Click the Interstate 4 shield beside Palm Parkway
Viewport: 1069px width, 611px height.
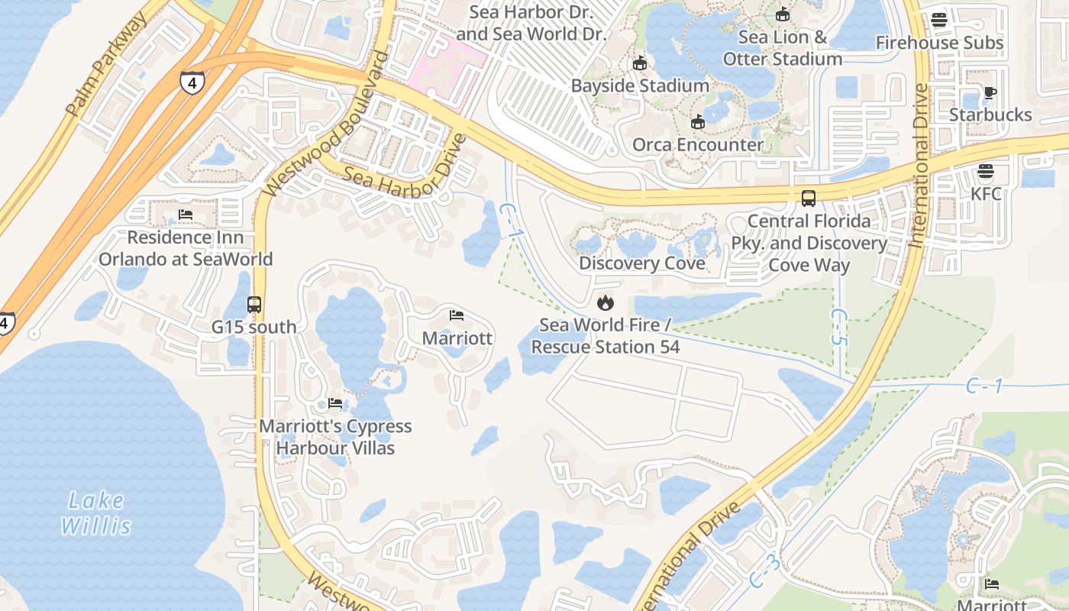pyautogui.click(x=192, y=82)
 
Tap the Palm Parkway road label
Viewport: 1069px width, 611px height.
pyautogui.click(x=107, y=66)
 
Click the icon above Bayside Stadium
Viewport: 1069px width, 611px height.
pyautogui.click(x=640, y=63)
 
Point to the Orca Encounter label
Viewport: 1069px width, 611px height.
pyautogui.click(x=697, y=144)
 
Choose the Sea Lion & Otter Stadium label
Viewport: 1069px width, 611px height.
pyautogui.click(x=783, y=47)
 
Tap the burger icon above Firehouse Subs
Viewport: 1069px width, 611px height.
pyautogui.click(x=939, y=21)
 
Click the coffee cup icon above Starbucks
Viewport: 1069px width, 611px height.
pyautogui.click(x=990, y=93)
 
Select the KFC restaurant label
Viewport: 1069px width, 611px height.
pyautogui.click(x=986, y=193)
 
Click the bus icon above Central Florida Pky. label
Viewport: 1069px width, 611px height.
pyautogui.click(x=809, y=199)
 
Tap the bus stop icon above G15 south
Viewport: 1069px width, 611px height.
pyautogui.click(x=254, y=305)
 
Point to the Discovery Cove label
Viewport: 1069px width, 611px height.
pyautogui.click(x=641, y=263)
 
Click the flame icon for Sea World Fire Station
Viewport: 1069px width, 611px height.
pyautogui.click(x=606, y=303)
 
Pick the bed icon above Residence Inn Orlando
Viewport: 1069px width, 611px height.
pyautogui.click(x=185, y=215)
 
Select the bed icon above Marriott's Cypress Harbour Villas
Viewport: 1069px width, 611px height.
pyautogui.click(x=335, y=403)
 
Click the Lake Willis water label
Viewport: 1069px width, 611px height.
pyautogui.click(x=95, y=513)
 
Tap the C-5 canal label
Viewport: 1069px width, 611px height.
pyautogui.click(x=838, y=327)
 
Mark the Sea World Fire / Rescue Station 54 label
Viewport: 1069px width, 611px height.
pyautogui.click(x=606, y=336)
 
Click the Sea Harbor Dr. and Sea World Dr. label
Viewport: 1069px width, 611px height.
pyautogui.click(x=531, y=23)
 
